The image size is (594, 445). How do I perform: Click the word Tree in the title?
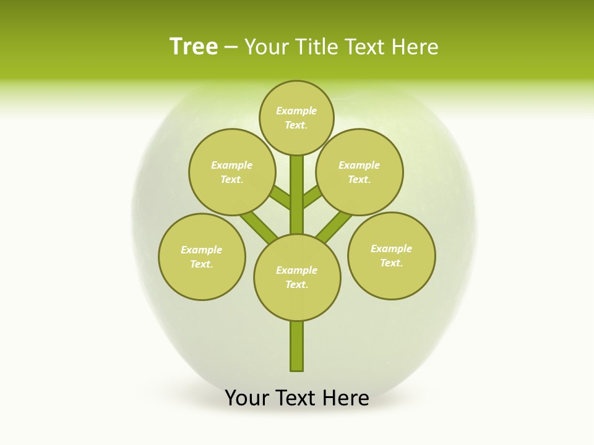point(194,47)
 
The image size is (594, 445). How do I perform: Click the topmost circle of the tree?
point(296,117)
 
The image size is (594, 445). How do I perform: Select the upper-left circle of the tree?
point(232,172)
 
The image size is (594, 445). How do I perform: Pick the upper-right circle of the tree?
point(359,172)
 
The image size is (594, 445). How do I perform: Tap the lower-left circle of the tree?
point(202,256)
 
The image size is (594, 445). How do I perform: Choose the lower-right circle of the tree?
point(391,255)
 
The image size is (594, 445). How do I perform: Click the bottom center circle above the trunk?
point(297,277)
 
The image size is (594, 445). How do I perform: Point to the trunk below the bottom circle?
point(297,346)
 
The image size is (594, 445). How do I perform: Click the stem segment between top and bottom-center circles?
point(297,195)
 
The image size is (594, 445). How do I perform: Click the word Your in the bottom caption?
point(247,398)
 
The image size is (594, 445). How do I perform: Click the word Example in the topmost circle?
point(296,111)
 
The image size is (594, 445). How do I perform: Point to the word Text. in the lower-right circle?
point(391,263)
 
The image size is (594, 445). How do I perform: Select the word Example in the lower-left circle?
point(202,250)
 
